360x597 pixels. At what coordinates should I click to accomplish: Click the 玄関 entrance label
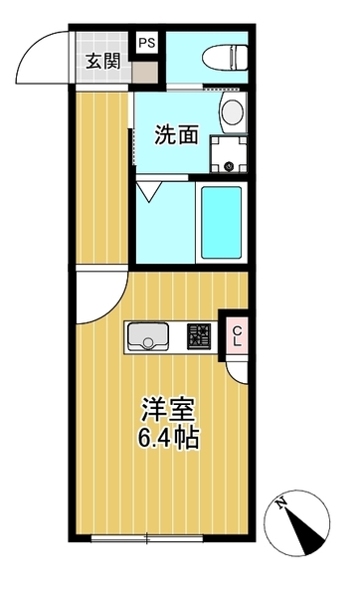[102, 61]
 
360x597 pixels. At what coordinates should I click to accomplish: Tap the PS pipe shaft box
[146, 43]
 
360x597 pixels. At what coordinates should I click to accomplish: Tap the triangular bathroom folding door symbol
[151, 189]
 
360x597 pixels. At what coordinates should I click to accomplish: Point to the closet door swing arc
[237, 367]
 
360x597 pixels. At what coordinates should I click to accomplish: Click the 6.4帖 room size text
[166, 438]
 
